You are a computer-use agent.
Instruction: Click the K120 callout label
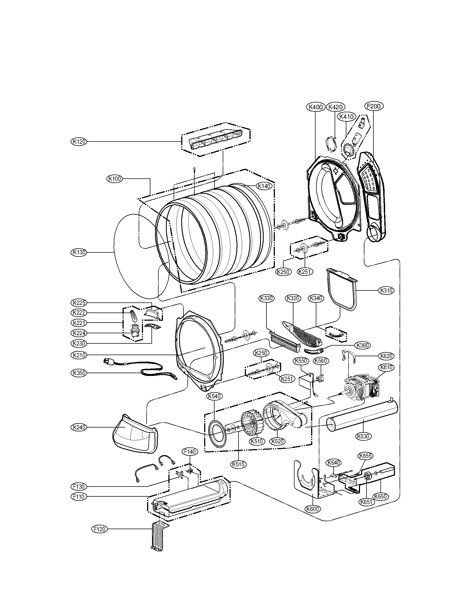[x=79, y=142]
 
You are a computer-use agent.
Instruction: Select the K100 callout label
[x=114, y=179]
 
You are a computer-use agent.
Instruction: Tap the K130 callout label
[x=79, y=252]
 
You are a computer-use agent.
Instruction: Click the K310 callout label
[x=386, y=290]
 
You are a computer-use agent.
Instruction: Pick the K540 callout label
[x=215, y=396]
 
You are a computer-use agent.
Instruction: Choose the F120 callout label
[x=100, y=529]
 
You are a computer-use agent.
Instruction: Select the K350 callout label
[x=79, y=373]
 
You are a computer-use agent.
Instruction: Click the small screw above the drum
[x=194, y=169]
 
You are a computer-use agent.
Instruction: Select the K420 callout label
[x=335, y=107]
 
